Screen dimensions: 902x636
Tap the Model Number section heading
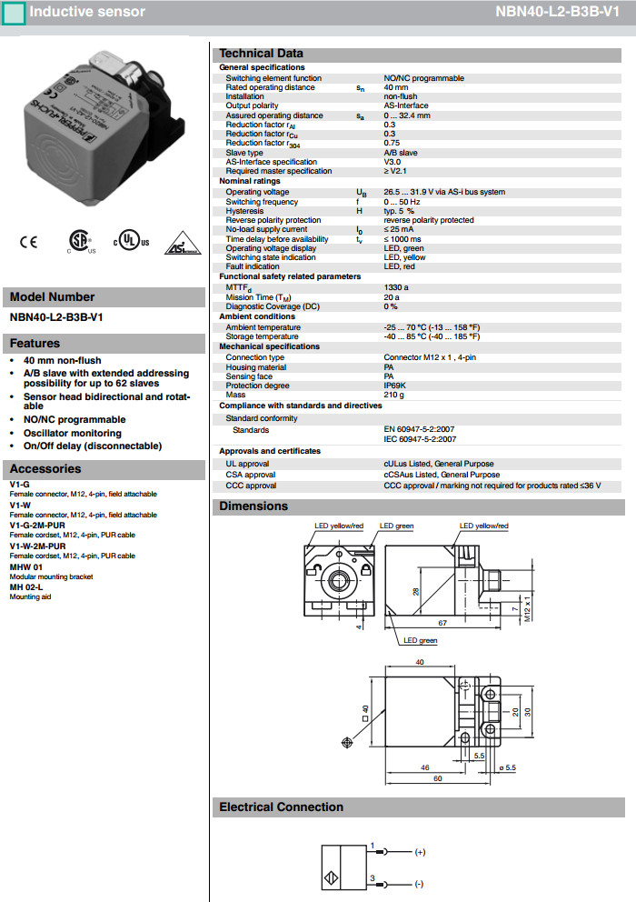52,296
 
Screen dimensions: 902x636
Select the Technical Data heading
262,54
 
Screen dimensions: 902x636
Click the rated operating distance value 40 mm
396,87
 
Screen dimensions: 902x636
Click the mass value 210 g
395,395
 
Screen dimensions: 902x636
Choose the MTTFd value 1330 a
397,287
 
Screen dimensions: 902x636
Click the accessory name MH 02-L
26,587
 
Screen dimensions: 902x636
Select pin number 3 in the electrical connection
371,877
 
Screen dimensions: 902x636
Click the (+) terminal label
420,853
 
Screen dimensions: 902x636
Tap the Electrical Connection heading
281,807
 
